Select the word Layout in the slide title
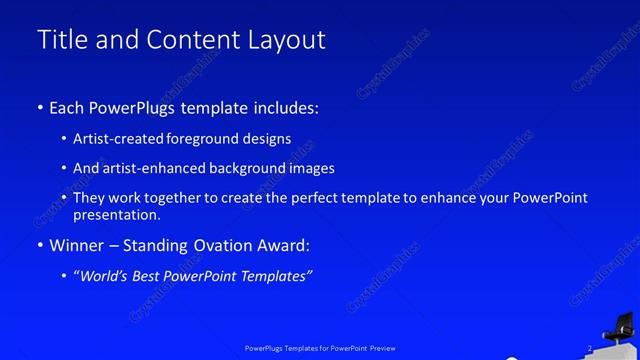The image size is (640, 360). (288, 40)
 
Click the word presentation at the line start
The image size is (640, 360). (116, 214)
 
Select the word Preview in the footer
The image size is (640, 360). (381, 349)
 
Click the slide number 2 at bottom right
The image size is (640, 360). (590, 348)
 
